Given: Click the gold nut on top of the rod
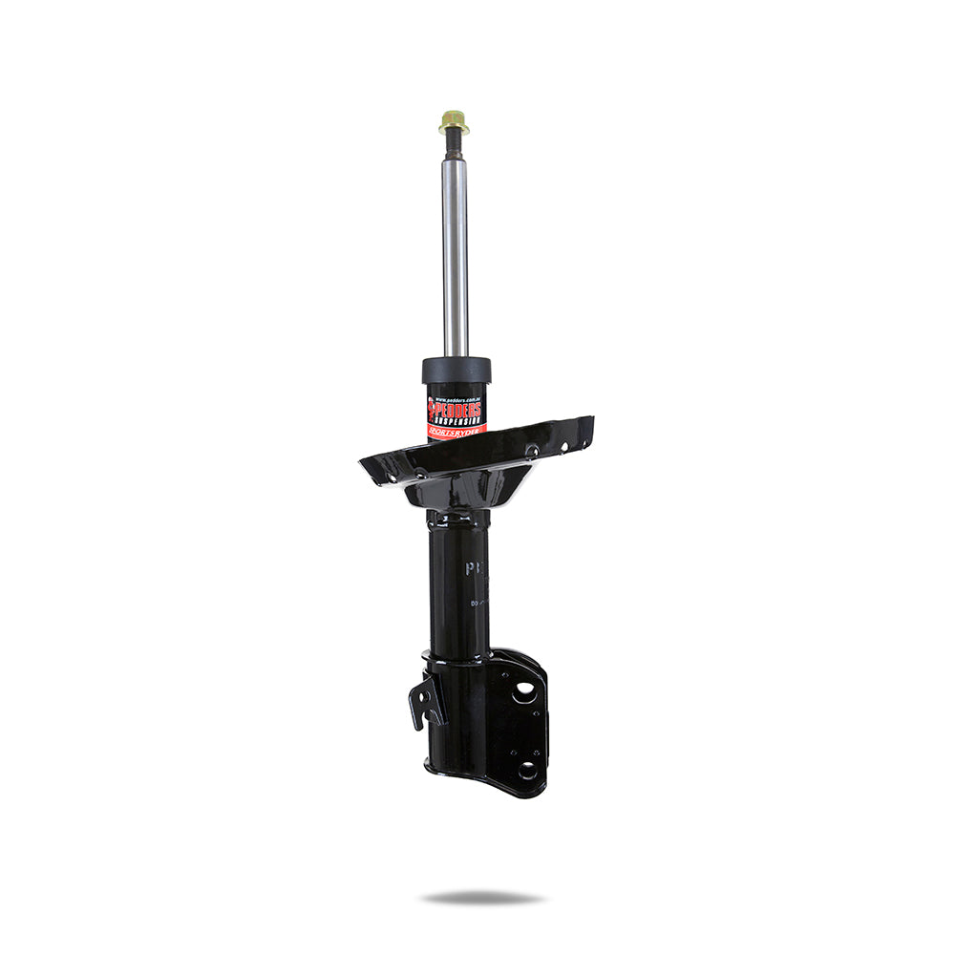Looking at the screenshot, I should tap(454, 121).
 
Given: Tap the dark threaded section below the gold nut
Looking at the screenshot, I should tap(455, 145).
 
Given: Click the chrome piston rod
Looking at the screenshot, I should tap(456, 258).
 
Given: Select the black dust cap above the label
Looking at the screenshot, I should tap(456, 370).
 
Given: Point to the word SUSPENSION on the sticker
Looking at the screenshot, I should tap(460, 417).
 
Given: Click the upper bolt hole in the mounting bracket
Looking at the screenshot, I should tap(524, 693).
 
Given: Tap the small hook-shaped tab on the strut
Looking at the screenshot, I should tap(426, 701).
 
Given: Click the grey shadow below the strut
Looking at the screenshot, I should tap(482, 898).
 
